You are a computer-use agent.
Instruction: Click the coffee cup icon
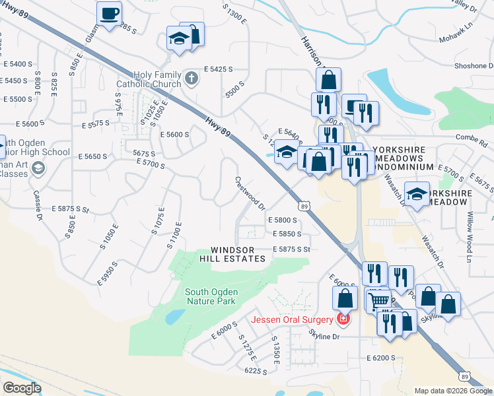109,12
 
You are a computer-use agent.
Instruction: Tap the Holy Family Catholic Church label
157,79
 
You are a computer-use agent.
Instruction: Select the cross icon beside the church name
192,79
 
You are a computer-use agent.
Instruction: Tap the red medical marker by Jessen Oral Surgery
343,320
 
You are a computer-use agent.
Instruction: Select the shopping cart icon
378,300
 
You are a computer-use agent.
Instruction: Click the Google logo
22,387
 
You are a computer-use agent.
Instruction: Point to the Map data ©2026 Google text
453,391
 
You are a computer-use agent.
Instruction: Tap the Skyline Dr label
324,336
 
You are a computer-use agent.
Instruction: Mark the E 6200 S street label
380,357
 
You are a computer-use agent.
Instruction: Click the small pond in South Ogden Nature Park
175,317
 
